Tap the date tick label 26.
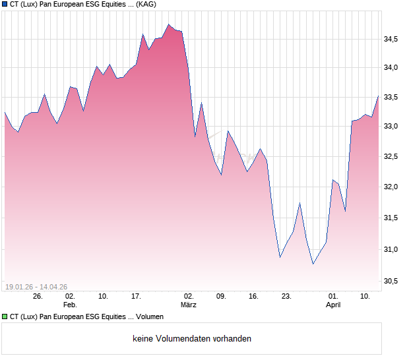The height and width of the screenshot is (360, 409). point(38,296)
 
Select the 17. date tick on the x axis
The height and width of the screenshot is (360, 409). point(136,296)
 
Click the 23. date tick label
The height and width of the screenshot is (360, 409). point(286,296)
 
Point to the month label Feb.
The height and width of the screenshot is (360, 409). point(70,305)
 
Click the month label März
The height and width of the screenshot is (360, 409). point(189,305)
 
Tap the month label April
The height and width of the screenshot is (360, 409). point(334,305)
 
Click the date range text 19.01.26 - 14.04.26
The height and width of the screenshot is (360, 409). point(36,286)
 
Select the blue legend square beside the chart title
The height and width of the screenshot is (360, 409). point(5,5)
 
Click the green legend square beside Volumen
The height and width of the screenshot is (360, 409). point(5,317)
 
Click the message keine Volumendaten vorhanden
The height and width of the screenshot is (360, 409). point(191,339)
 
